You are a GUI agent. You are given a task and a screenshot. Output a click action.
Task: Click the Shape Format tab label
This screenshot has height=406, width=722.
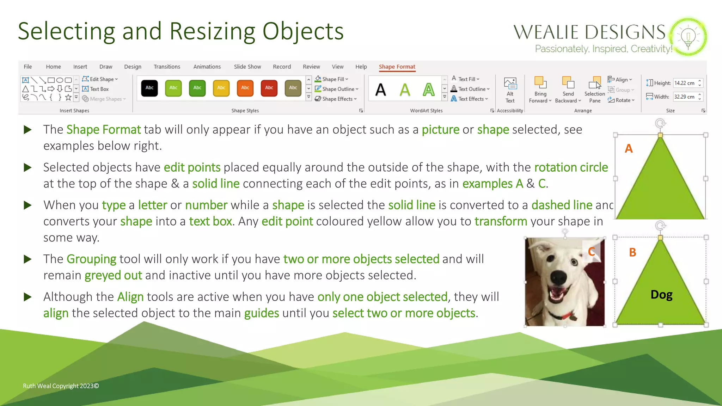(x=397, y=67)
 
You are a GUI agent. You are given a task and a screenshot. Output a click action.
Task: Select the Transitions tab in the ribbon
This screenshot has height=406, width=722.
(x=167, y=67)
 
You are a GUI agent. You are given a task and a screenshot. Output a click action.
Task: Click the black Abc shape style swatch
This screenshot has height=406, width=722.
(x=149, y=88)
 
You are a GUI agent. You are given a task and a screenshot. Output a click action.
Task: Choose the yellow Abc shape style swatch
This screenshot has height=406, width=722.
(x=221, y=88)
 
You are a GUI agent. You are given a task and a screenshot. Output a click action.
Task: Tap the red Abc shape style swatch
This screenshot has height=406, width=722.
(x=269, y=88)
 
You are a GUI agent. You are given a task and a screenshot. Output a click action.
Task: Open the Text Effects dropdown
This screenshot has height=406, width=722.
(x=470, y=99)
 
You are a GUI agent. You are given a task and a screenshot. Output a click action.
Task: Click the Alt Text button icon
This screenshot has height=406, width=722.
(x=510, y=84)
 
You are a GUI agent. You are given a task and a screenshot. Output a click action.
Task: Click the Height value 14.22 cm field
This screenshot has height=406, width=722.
(x=685, y=83)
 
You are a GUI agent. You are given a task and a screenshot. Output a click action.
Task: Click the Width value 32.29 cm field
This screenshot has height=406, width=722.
(x=685, y=97)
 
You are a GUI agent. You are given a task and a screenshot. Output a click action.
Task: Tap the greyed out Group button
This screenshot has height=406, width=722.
(x=622, y=90)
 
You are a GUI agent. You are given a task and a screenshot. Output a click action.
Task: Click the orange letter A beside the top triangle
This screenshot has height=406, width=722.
(x=629, y=149)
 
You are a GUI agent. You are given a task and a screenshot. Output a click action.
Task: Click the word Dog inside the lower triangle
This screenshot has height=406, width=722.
(x=661, y=295)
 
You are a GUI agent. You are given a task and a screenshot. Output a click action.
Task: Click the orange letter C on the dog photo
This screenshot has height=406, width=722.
(x=592, y=252)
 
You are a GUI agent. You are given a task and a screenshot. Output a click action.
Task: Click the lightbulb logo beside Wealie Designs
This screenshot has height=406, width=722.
(x=688, y=37)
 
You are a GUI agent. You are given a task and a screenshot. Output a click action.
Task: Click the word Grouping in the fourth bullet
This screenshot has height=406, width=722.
(x=91, y=259)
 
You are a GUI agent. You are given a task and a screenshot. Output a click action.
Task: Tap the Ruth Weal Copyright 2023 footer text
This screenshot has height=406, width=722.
(x=61, y=386)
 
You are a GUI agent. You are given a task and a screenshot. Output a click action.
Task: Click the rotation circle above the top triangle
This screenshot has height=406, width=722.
(x=660, y=123)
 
